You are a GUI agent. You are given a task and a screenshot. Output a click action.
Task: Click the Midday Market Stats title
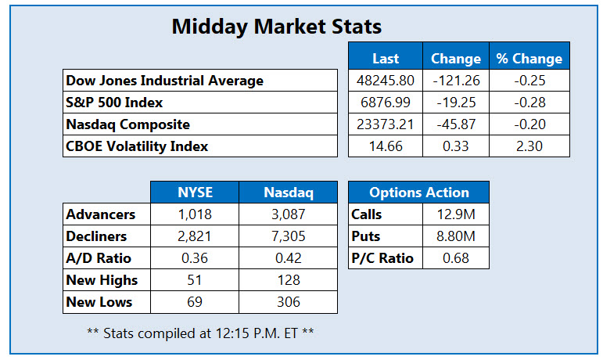click(x=276, y=27)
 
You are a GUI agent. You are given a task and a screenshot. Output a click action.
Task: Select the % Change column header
click(x=529, y=59)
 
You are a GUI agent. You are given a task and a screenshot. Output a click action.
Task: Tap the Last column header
click(x=386, y=59)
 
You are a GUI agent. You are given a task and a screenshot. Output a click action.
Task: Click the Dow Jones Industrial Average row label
click(x=165, y=81)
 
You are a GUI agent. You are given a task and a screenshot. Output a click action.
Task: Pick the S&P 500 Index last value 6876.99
click(x=386, y=103)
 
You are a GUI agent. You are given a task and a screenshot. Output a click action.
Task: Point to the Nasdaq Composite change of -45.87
click(x=456, y=124)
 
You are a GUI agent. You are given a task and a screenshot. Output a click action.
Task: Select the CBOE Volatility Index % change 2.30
click(x=529, y=146)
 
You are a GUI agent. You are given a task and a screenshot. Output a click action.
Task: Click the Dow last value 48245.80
click(x=386, y=81)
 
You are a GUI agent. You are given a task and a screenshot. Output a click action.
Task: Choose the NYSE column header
click(x=195, y=193)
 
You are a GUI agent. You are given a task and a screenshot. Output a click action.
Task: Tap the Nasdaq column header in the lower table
click(x=289, y=193)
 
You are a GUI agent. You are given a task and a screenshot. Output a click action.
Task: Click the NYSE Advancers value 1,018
click(x=195, y=214)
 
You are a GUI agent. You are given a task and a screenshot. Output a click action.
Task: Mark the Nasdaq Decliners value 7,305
click(x=289, y=236)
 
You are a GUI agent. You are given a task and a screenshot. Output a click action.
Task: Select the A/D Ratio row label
click(x=99, y=258)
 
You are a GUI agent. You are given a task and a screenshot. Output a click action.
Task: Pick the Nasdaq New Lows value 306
click(x=289, y=302)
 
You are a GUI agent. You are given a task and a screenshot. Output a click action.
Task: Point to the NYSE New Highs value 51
click(x=195, y=280)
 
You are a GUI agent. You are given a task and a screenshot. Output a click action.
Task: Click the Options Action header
click(x=418, y=193)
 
